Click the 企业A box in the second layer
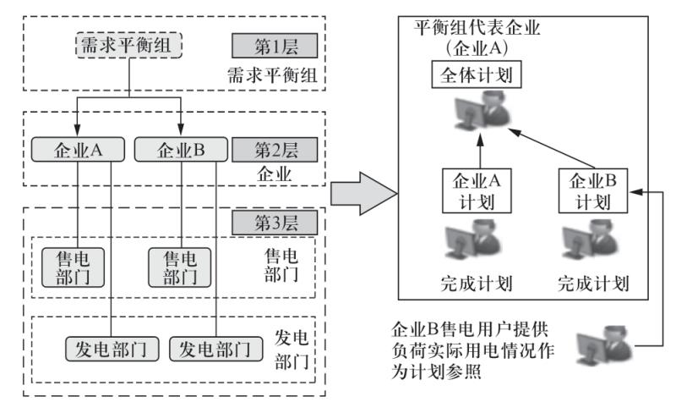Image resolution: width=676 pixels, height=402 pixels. pos(78,150)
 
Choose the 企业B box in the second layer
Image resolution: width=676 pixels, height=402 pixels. pos(180,150)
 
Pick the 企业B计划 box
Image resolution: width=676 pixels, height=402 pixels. pos(591,192)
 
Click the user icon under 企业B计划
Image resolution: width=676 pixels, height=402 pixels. pos(592,240)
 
